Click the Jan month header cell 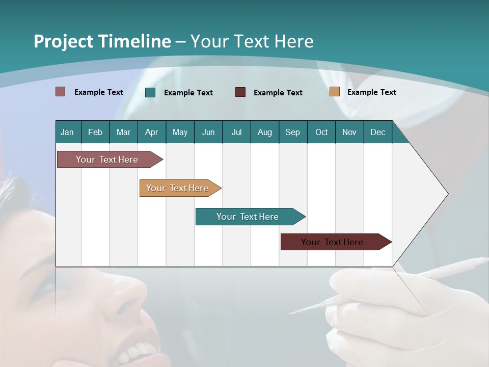(x=68, y=132)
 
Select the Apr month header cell (x=152, y=132)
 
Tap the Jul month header (x=236, y=132)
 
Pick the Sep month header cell (x=292, y=132)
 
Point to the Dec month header (x=377, y=132)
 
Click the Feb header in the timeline (x=95, y=132)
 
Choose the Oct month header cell (x=321, y=132)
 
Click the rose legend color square (x=61, y=92)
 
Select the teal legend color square (x=150, y=92)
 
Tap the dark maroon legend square (x=240, y=92)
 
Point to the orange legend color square (x=334, y=92)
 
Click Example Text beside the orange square (x=371, y=92)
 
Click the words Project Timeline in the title (x=102, y=41)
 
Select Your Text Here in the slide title (x=252, y=41)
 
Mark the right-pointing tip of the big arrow (x=447, y=194)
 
